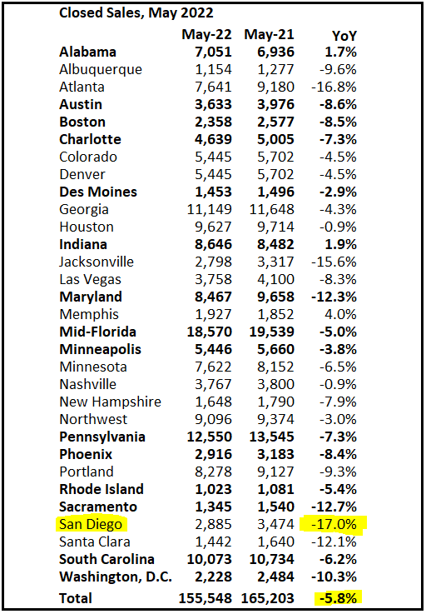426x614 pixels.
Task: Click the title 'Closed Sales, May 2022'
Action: click(136, 13)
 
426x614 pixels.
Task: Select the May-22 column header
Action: click(206, 35)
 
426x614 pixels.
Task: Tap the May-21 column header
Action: click(269, 35)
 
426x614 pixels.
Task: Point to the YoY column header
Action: click(344, 36)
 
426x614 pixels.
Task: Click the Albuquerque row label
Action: click(101, 70)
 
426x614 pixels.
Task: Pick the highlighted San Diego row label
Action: click(91, 524)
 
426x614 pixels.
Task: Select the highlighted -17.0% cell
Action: click(334, 524)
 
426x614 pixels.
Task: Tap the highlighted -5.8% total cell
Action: click(338, 598)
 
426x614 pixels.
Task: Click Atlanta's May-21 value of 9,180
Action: click(275, 87)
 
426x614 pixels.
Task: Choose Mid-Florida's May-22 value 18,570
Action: click(210, 332)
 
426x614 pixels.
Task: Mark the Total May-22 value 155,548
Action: click(205, 598)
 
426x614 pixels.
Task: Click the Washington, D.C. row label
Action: click(116, 577)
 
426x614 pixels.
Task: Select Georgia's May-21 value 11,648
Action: click(272, 209)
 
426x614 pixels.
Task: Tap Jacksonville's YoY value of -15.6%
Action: click(334, 262)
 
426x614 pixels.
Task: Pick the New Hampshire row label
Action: click(110, 402)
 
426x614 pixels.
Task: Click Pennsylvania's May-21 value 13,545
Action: click(272, 437)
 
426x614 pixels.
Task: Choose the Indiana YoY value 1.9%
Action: click(340, 244)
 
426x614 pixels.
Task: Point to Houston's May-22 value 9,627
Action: click(213, 227)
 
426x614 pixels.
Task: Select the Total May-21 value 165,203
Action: click(268, 598)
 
